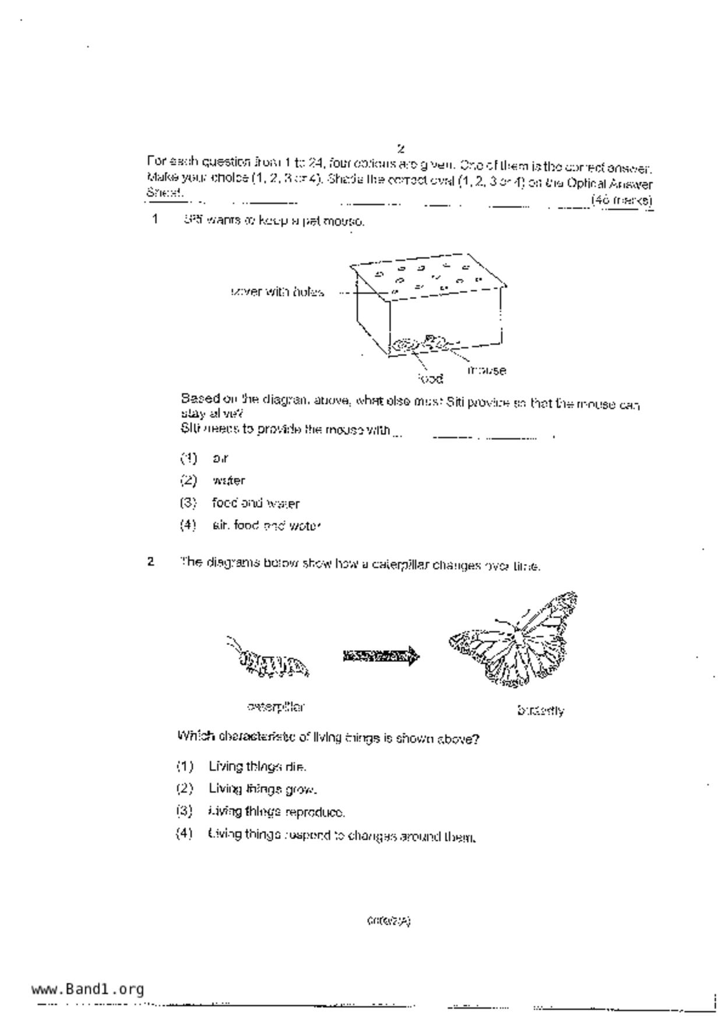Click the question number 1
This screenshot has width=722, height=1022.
pos(155,220)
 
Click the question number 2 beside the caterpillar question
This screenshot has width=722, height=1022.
pos(151,562)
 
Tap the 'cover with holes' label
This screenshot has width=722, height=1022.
pos(277,292)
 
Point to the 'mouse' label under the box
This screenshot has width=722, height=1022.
pos(487,370)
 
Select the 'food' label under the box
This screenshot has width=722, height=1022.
pos(431,379)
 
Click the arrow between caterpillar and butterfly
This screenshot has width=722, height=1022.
pos(381,657)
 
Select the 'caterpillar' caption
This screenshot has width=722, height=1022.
pos(276,707)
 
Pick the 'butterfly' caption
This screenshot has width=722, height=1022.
pos(540,710)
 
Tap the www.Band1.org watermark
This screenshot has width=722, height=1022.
pos(87,989)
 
